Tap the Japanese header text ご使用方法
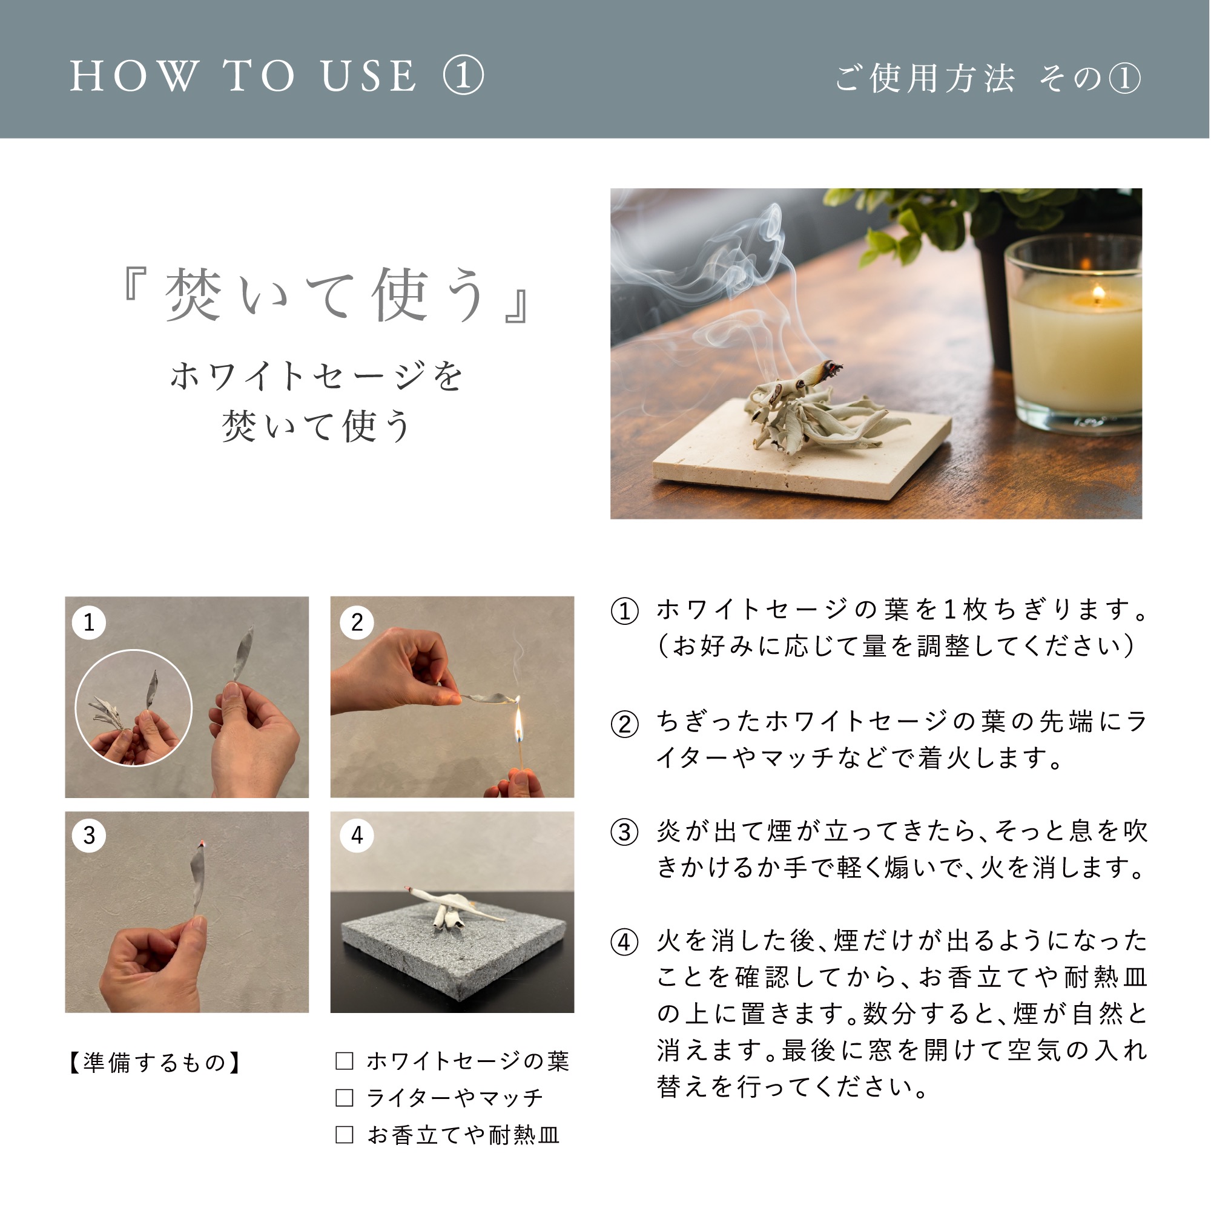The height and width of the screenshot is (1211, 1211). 925,78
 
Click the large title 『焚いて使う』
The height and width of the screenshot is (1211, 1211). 326,295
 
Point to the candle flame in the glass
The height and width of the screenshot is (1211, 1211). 1098,292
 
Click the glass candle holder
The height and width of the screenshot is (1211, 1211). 1072,336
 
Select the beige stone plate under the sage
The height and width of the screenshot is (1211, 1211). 802,449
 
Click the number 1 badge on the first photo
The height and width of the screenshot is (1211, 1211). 89,622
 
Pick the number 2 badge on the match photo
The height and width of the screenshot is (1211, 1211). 357,622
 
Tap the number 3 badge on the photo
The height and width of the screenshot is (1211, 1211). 89,836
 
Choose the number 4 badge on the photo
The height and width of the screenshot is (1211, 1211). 357,836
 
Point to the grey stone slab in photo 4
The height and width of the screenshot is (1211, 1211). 452,952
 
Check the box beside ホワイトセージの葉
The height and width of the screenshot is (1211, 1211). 344,1061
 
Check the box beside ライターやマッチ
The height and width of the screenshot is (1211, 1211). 344,1098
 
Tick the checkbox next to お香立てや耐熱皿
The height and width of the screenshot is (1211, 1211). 344,1135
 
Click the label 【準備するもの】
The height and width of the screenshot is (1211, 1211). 154,1063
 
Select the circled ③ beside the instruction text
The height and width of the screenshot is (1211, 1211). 625,833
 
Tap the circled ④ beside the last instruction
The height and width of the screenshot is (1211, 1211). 625,942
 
